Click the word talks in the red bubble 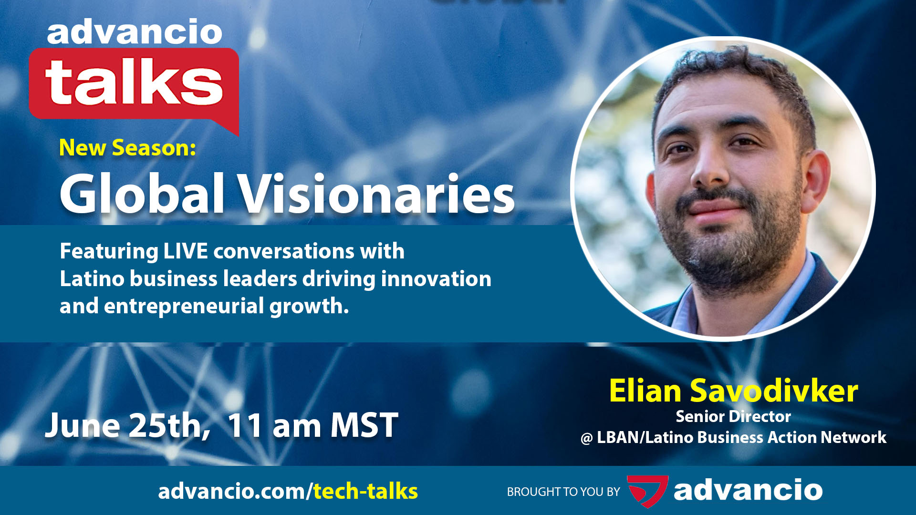point(134,82)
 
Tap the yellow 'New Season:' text point(127,148)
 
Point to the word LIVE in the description point(186,251)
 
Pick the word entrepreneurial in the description point(184,306)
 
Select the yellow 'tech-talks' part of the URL point(365,491)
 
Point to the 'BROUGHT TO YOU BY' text point(563,492)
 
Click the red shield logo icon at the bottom point(647,491)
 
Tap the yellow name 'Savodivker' point(774,391)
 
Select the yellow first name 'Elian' point(645,391)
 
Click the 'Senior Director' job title point(733,416)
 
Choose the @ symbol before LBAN point(586,438)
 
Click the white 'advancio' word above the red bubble point(135,32)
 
